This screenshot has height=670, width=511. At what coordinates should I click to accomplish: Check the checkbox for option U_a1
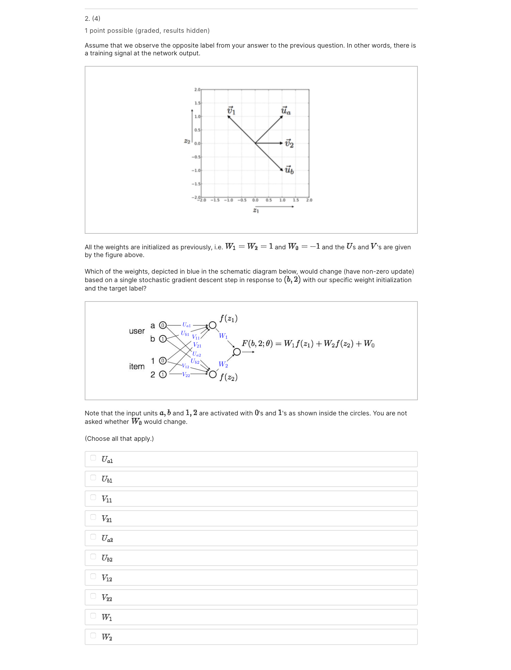[93, 458]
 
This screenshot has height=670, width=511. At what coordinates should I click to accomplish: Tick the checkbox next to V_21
[93, 517]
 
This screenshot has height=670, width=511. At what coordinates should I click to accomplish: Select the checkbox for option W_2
[93, 635]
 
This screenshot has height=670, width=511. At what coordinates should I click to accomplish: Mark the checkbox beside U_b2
[93, 556]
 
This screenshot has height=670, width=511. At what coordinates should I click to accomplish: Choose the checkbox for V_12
[93, 576]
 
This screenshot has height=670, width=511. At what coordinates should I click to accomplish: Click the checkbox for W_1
[93, 616]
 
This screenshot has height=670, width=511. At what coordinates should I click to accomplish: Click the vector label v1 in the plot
[231, 110]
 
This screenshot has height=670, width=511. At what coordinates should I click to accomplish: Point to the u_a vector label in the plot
[286, 111]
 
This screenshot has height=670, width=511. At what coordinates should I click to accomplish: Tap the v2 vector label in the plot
[289, 144]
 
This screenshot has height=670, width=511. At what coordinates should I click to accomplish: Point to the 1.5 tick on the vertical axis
[197, 103]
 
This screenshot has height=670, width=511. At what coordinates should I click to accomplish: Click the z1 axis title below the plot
[256, 211]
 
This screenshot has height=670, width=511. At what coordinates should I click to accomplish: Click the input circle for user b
[163, 339]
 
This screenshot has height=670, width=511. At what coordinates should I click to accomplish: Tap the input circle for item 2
[163, 374]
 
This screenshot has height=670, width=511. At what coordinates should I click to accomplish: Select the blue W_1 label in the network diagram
[223, 336]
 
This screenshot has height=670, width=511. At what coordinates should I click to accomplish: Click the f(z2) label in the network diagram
[228, 377]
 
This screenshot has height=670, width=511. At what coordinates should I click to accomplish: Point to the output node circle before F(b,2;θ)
[237, 352]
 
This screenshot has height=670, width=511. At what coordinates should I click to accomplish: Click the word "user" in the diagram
[137, 331]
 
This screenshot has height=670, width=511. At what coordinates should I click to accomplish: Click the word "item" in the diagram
[137, 367]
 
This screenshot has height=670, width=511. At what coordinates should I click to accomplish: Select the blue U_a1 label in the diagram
[186, 325]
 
